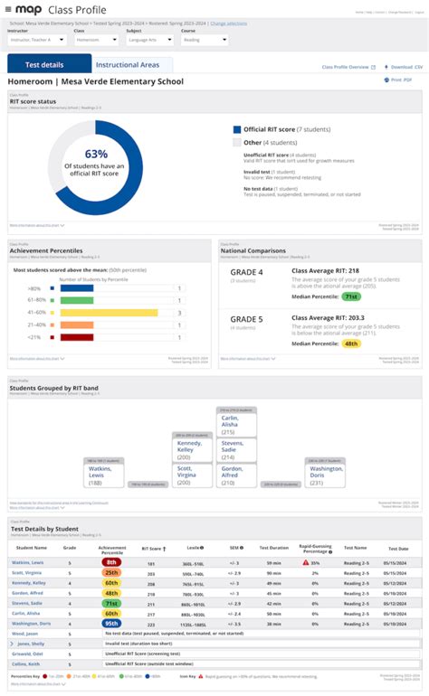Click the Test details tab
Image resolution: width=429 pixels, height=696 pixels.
[49, 65]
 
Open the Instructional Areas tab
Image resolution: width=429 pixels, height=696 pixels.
[128, 65]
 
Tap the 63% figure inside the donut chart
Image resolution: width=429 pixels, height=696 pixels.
[96, 154]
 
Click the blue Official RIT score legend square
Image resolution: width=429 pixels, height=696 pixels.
[237, 129]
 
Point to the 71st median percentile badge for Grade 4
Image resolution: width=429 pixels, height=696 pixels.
[351, 296]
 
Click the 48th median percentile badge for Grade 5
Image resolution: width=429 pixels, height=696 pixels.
[351, 343]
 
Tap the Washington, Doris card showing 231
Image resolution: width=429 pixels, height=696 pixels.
[326, 475]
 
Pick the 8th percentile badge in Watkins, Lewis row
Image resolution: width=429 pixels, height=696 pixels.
[111, 561]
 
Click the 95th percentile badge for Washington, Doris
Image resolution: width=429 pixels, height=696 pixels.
[111, 623]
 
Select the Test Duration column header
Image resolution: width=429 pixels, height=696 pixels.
[273, 548]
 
